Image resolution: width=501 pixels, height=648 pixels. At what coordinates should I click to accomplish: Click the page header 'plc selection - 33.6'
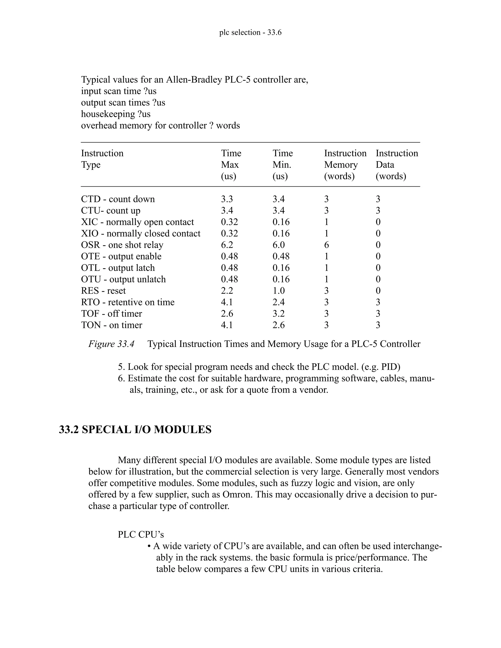250,32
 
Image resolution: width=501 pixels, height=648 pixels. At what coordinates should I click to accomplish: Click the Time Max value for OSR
227,245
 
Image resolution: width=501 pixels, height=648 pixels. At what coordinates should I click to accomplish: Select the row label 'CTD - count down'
118,199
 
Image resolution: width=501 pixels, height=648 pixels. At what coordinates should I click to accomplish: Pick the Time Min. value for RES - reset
278,291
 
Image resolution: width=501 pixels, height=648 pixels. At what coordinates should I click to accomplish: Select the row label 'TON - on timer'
112,325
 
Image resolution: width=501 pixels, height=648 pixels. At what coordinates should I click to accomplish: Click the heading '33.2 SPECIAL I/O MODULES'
135,430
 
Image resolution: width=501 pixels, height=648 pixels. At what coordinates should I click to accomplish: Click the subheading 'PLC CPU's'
141,534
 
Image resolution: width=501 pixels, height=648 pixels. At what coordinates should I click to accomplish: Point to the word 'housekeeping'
108,114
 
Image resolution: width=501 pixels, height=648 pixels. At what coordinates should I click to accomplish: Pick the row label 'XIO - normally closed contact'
141,234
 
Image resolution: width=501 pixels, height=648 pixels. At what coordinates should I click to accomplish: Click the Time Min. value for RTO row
278,302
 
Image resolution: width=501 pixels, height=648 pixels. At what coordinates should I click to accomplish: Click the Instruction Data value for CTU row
378,211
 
